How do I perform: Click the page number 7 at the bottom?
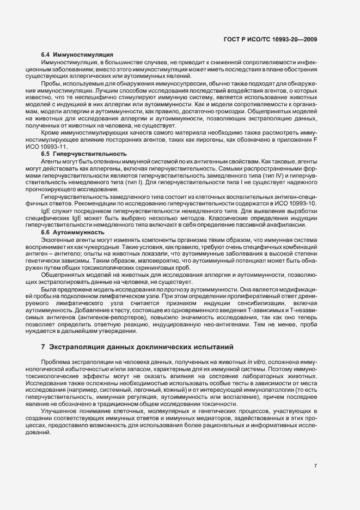pos(315,466)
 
